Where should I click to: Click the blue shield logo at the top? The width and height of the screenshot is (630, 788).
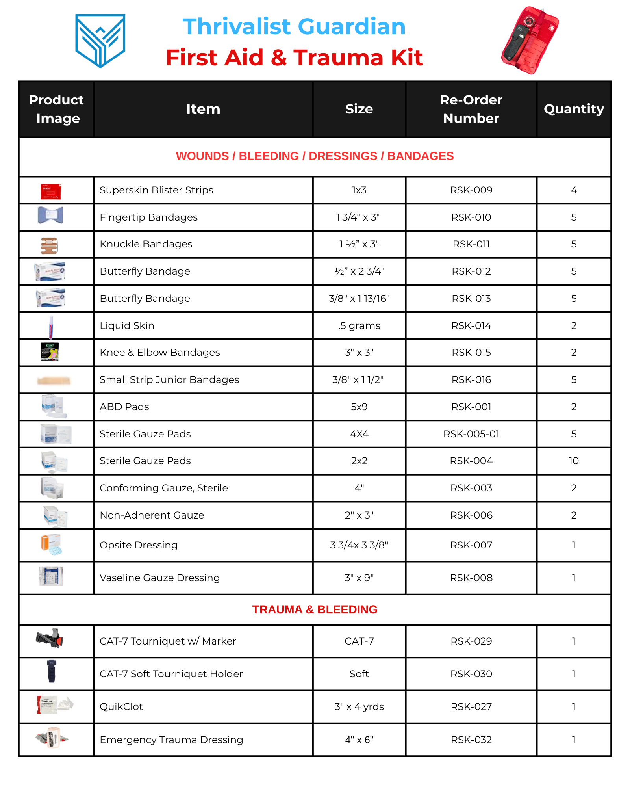[100, 40]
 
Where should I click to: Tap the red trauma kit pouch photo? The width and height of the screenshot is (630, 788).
[530, 40]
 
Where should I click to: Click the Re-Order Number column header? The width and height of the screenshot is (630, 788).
[471, 109]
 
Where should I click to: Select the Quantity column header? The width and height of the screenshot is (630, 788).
[574, 109]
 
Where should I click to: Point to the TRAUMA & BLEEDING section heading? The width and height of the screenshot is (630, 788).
[315, 610]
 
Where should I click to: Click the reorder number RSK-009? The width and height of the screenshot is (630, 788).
[471, 190]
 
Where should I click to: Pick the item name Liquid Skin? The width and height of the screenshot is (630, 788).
[127, 326]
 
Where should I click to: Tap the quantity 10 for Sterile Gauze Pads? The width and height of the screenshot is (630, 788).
[574, 461]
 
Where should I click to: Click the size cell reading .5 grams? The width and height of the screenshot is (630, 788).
[359, 326]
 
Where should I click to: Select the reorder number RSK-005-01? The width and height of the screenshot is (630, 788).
[471, 434]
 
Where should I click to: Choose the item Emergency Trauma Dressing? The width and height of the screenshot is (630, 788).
[171, 740]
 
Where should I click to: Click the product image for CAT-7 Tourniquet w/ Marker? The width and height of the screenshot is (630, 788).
[50, 638]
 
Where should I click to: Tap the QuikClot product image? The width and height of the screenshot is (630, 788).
[54, 704]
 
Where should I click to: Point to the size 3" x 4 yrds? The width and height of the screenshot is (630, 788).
[359, 707]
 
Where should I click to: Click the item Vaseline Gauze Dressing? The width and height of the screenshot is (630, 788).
[159, 578]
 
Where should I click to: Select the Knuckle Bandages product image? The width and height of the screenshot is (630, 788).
[49, 245]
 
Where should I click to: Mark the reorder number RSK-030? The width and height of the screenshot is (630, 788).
[471, 674]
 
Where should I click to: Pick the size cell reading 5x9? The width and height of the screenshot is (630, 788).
[359, 407]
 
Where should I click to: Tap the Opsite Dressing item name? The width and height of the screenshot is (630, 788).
[139, 545]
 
